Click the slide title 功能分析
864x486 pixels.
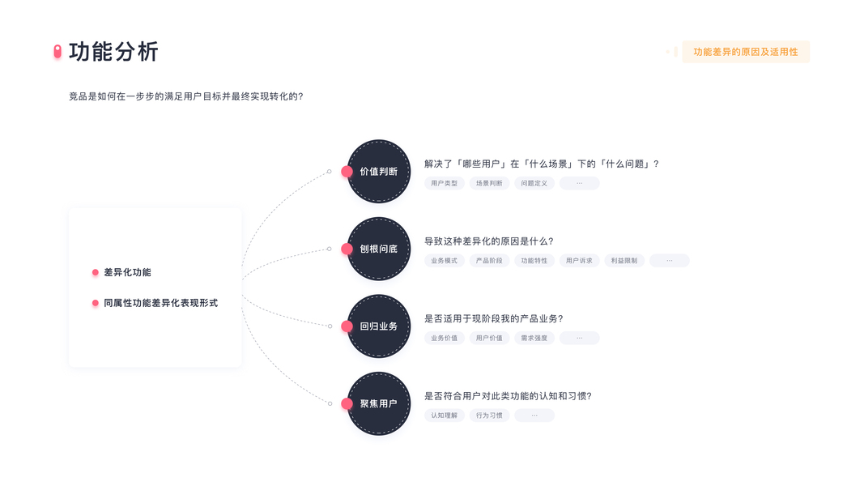pos(113,52)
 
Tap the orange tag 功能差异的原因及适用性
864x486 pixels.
pos(745,52)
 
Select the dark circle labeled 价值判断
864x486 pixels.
pos(379,172)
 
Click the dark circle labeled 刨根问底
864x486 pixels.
pos(379,249)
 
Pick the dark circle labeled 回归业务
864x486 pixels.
pos(379,326)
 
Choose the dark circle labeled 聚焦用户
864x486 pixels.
pos(379,403)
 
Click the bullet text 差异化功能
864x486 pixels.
pos(127,273)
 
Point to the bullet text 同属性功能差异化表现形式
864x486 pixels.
pos(160,303)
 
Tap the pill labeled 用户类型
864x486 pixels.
pos(444,183)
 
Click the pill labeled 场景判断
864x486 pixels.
pos(489,183)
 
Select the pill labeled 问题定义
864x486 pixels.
pos(534,183)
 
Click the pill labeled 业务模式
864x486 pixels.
pos(444,261)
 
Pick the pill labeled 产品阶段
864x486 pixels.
pos(489,261)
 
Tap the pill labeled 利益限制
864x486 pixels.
pos(624,261)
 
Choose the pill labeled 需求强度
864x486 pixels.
pos(534,338)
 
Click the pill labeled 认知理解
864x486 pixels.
pos(444,416)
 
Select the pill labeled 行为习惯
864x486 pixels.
pos(489,416)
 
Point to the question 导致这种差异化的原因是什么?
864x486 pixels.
pos(488,241)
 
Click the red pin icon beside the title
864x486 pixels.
pos(57,52)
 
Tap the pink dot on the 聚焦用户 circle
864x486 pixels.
pos(347,403)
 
